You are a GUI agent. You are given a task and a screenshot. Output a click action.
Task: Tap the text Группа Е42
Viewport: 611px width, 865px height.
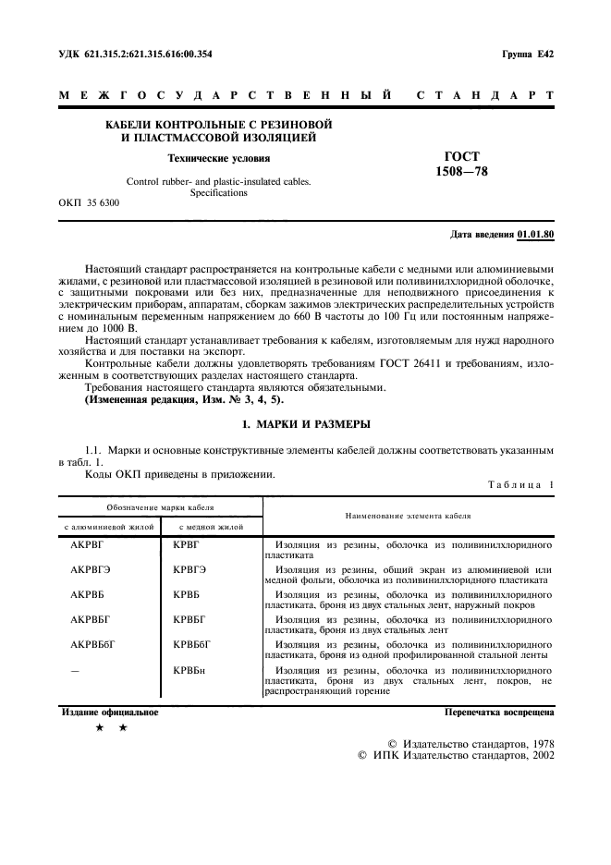[528, 55]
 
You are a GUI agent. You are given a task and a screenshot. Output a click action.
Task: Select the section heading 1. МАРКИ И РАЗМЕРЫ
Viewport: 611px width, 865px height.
[305, 424]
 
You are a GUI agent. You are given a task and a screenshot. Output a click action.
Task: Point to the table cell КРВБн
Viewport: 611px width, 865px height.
[188, 667]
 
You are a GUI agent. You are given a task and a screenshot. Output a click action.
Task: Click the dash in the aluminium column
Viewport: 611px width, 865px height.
[75, 667]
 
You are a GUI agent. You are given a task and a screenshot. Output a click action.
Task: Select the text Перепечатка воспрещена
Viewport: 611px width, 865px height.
[499, 713]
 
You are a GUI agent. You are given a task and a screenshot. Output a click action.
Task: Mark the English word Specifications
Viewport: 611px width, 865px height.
[218, 193]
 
